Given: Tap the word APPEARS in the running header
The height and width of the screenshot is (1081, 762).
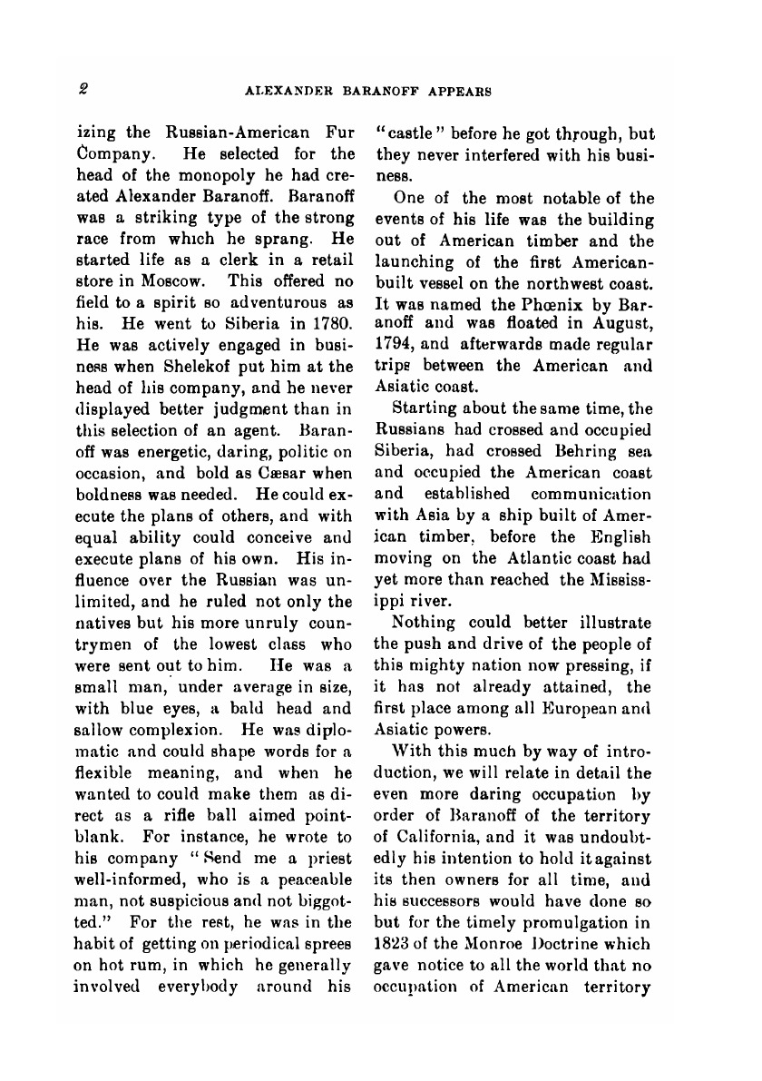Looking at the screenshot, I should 457,90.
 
